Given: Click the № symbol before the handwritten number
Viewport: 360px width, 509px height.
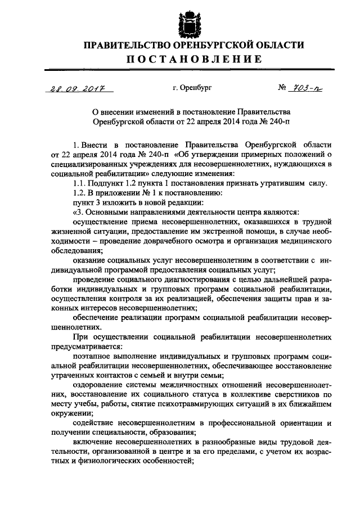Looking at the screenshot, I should (283, 88).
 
